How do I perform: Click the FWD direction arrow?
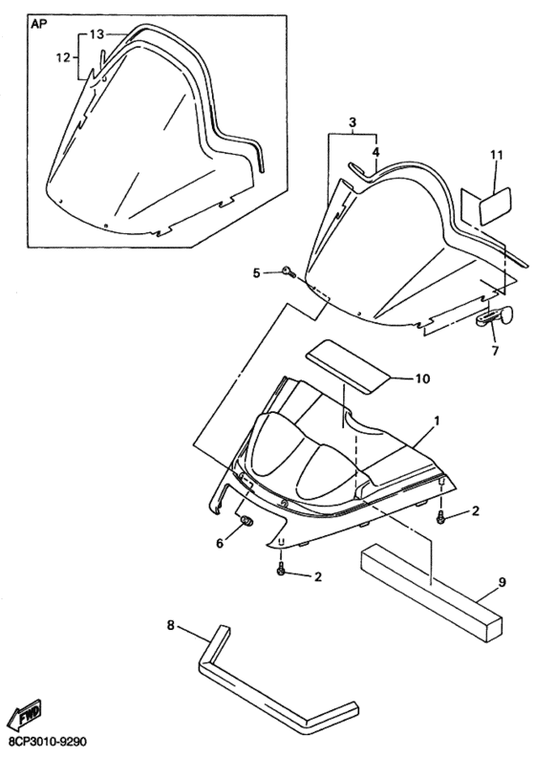(x=28, y=714)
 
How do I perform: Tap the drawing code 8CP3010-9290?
(x=44, y=740)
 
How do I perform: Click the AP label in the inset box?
(x=39, y=25)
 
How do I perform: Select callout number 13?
(x=96, y=33)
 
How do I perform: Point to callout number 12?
(x=63, y=58)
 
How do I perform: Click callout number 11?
(x=497, y=155)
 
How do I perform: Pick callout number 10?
(x=422, y=378)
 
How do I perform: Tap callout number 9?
(x=503, y=583)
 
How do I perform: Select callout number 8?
(x=171, y=625)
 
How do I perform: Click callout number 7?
(x=495, y=351)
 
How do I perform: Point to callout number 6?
(x=220, y=544)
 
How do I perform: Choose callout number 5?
(x=257, y=272)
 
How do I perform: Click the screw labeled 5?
(x=289, y=272)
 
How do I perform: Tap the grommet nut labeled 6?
(x=247, y=521)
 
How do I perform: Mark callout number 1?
(x=437, y=421)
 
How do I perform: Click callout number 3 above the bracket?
(x=353, y=122)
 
